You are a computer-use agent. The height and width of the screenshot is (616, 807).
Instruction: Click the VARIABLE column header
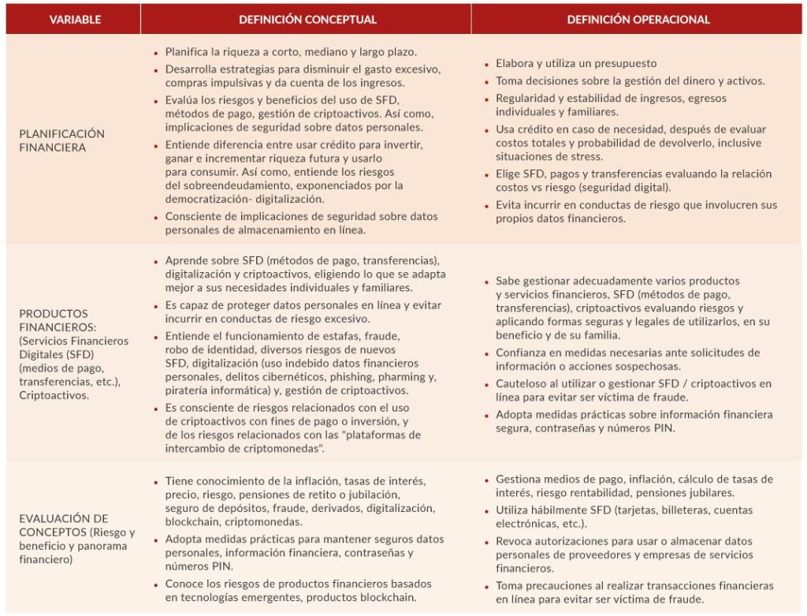pyautogui.click(x=75, y=20)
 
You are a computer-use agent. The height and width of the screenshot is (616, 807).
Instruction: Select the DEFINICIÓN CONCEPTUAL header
pyautogui.click(x=307, y=20)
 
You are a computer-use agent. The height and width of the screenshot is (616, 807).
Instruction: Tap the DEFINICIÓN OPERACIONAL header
pyautogui.click(x=638, y=20)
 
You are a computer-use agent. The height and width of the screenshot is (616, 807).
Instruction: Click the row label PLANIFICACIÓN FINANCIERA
pyautogui.click(x=61, y=140)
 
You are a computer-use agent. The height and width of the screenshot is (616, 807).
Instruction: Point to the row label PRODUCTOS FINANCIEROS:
pyautogui.click(x=53, y=319)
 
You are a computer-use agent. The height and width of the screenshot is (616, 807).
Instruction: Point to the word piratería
pyautogui.click(x=189, y=390)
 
